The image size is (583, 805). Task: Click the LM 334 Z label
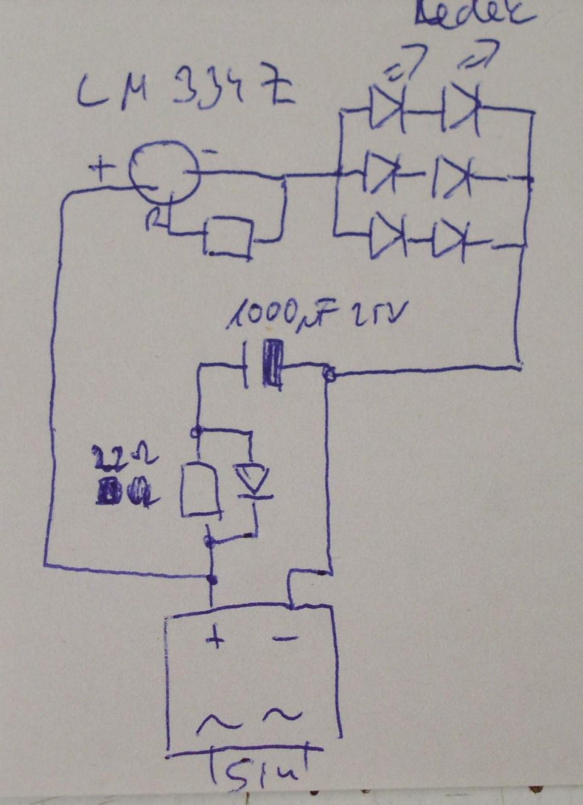(186, 91)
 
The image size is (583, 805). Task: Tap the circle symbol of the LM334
(164, 172)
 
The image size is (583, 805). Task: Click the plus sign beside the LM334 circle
(101, 168)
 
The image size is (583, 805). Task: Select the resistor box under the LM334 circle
(228, 237)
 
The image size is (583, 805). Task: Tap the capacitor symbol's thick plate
(273, 364)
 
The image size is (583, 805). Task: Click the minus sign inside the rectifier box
(286, 639)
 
